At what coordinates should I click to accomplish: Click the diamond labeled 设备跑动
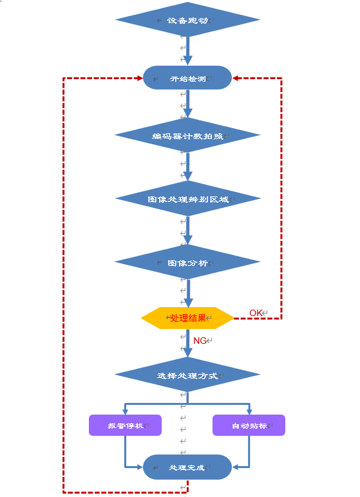click(x=188, y=20)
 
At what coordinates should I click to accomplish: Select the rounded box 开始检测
click(x=187, y=78)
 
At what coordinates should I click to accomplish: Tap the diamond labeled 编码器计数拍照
click(x=187, y=135)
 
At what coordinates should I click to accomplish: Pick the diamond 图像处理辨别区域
click(x=188, y=198)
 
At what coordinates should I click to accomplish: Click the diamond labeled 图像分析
click(x=187, y=262)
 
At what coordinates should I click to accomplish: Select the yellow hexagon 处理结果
click(x=187, y=318)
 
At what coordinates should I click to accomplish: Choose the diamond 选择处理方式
click(x=187, y=375)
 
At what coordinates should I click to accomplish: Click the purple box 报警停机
click(x=126, y=425)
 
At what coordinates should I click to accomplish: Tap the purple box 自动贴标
click(x=249, y=425)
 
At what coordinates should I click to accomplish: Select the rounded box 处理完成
click(x=187, y=467)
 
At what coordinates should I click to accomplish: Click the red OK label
click(x=256, y=313)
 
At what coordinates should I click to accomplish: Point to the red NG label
click(x=200, y=341)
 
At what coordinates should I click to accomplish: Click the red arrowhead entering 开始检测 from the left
click(x=140, y=78)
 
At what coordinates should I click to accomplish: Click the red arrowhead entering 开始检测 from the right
click(x=235, y=78)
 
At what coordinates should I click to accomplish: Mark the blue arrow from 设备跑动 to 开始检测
click(x=188, y=51)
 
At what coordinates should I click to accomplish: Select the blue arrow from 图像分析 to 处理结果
click(x=188, y=293)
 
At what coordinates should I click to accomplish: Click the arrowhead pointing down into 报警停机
click(x=126, y=412)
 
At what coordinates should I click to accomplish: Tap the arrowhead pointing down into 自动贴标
click(x=249, y=412)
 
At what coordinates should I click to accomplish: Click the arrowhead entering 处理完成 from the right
click(x=235, y=467)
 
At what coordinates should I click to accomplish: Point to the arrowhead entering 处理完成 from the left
click(x=140, y=467)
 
